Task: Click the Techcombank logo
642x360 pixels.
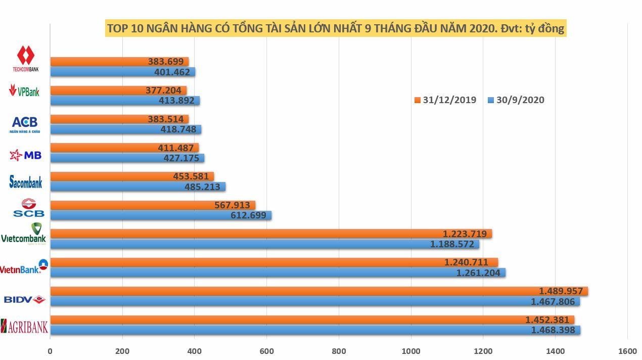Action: click(25, 59)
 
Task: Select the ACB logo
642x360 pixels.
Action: click(25, 124)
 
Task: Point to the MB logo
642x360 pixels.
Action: click(26, 155)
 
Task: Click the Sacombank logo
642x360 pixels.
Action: click(26, 182)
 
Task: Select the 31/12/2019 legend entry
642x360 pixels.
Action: click(445, 100)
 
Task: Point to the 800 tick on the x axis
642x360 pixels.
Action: click(339, 350)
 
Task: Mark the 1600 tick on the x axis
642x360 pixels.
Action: click(627, 350)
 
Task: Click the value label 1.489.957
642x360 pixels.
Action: click(562, 291)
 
